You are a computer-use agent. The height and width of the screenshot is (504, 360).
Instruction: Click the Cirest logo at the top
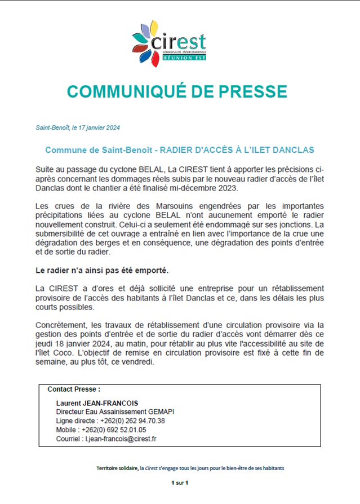pos(169,43)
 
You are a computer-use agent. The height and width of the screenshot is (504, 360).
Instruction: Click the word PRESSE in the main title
pos(248,91)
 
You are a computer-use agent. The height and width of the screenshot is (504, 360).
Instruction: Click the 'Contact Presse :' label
pos(74,390)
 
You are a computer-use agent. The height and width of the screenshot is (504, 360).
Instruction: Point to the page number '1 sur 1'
pos(180,483)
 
